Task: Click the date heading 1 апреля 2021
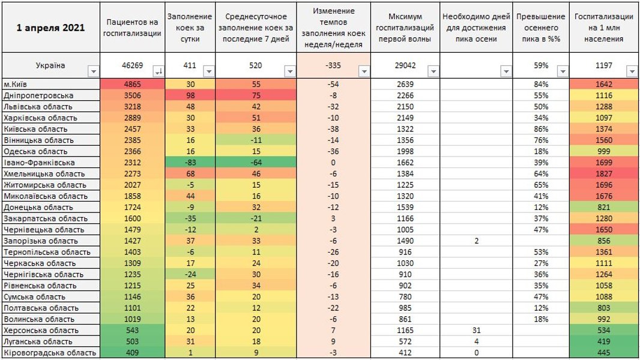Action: click(x=50, y=28)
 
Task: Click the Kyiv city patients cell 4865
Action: click(x=132, y=85)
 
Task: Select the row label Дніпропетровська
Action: click(x=39, y=95)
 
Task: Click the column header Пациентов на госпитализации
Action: click(x=132, y=28)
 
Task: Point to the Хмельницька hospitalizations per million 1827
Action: click(x=603, y=174)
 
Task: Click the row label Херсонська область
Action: click(x=41, y=330)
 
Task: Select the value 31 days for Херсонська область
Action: click(x=476, y=330)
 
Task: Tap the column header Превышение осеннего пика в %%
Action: click(x=540, y=28)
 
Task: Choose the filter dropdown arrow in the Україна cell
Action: click(x=93, y=71)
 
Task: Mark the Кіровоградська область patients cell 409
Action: click(x=132, y=353)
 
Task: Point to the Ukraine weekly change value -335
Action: click(x=334, y=65)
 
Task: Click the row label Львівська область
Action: click(x=39, y=107)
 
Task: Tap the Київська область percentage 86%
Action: click(x=540, y=129)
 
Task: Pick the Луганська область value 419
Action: click(x=603, y=341)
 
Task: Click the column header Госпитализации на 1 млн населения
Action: click(x=603, y=28)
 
